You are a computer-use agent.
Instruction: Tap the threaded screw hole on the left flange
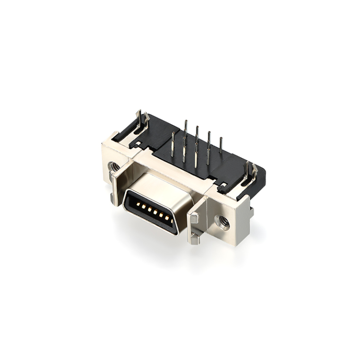[114, 166]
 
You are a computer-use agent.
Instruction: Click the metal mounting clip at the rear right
[250, 173]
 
